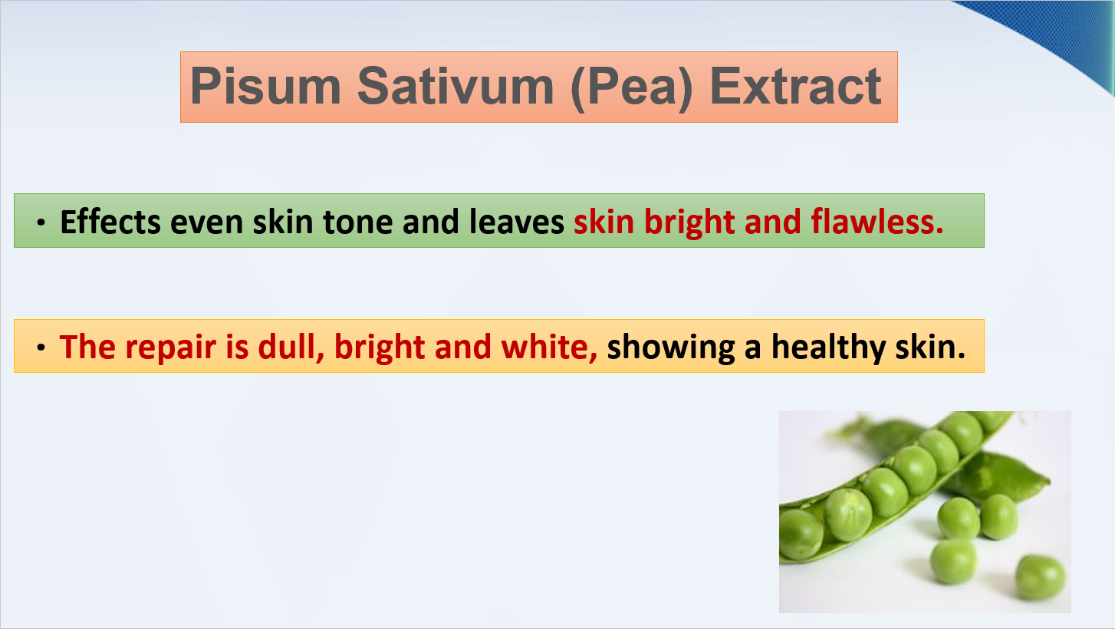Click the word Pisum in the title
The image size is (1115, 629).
[265, 86]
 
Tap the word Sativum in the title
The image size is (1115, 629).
[456, 86]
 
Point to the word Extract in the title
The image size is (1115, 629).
[795, 87]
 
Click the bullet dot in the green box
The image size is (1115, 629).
[41, 222]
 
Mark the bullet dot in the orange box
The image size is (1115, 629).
[41, 347]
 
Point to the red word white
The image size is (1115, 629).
[549, 347]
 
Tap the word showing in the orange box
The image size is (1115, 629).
[671, 347]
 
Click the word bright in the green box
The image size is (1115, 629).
[689, 222]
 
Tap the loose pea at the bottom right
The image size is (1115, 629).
[1040, 578]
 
